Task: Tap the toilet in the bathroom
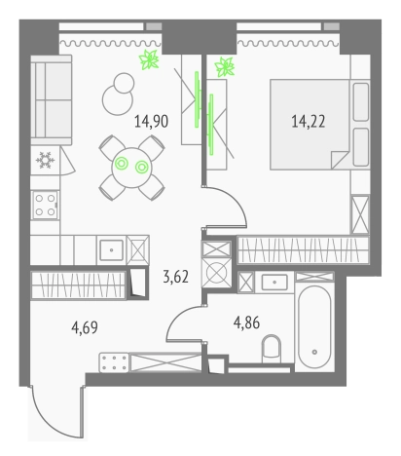point(274,346)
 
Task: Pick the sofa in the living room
point(50,97)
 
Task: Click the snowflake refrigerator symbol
point(44,161)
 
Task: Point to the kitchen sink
point(113,248)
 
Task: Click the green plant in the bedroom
point(226,66)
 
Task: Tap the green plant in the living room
point(149,61)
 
